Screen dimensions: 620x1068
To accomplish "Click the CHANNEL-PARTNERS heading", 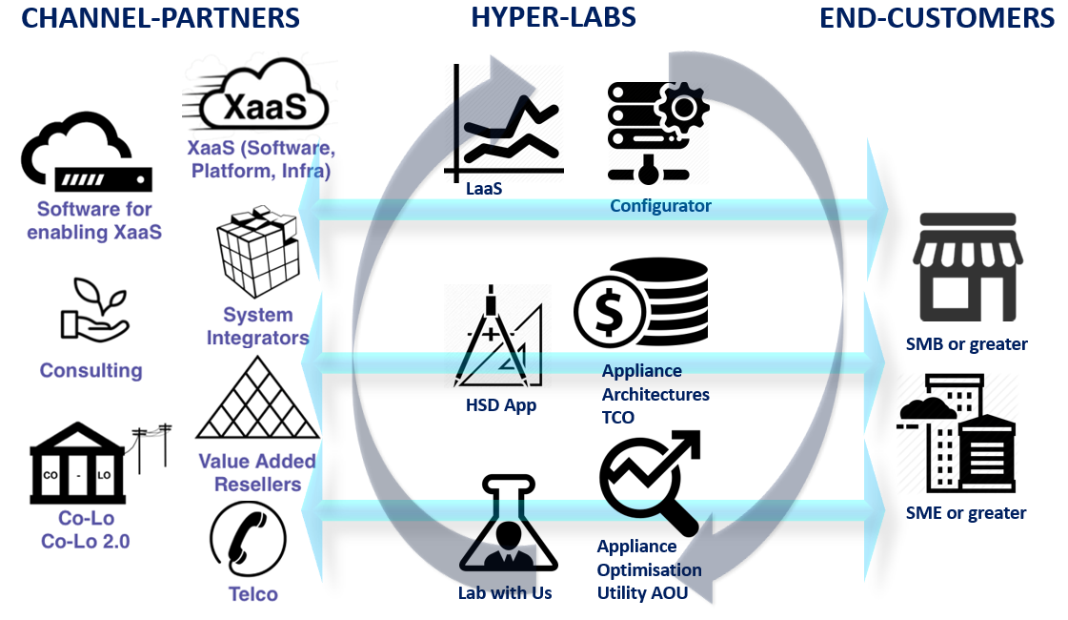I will pyautogui.click(x=161, y=17).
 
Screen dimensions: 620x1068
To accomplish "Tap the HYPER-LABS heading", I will pyautogui.click(x=554, y=17).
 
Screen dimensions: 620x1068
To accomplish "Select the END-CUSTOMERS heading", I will pyautogui.click(x=937, y=17).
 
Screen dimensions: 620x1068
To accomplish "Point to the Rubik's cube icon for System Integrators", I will pyautogui.click(x=257, y=255).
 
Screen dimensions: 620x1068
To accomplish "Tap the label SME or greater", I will pyautogui.click(x=965, y=513).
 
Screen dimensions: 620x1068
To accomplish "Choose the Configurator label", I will pyautogui.click(x=660, y=205).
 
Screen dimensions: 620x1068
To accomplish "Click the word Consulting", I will pyautogui.click(x=91, y=370).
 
